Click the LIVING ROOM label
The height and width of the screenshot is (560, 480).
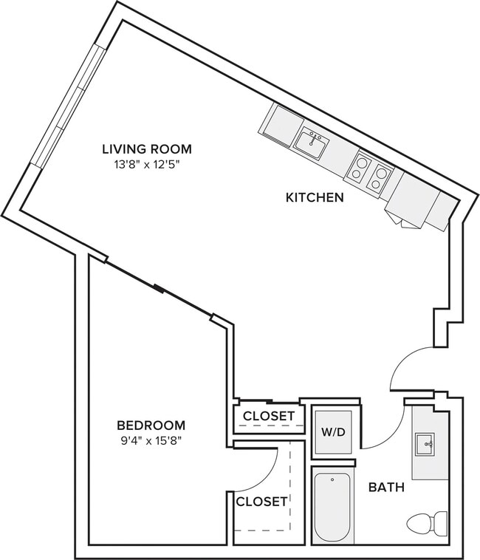tap(146, 149)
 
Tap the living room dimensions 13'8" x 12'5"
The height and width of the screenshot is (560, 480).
tap(146, 164)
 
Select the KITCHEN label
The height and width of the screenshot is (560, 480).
tap(315, 197)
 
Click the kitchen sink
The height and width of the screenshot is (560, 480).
tap(312, 142)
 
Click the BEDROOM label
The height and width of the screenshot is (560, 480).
tap(151, 426)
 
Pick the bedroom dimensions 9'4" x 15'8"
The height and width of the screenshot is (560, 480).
tap(151, 441)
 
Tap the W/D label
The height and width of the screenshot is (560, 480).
tap(332, 431)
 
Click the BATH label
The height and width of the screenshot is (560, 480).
tap(386, 488)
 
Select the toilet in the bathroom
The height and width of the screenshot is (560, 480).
tap(427, 522)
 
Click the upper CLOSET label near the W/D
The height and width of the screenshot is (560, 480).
tap(269, 417)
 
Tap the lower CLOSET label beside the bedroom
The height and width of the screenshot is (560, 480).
tap(261, 502)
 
